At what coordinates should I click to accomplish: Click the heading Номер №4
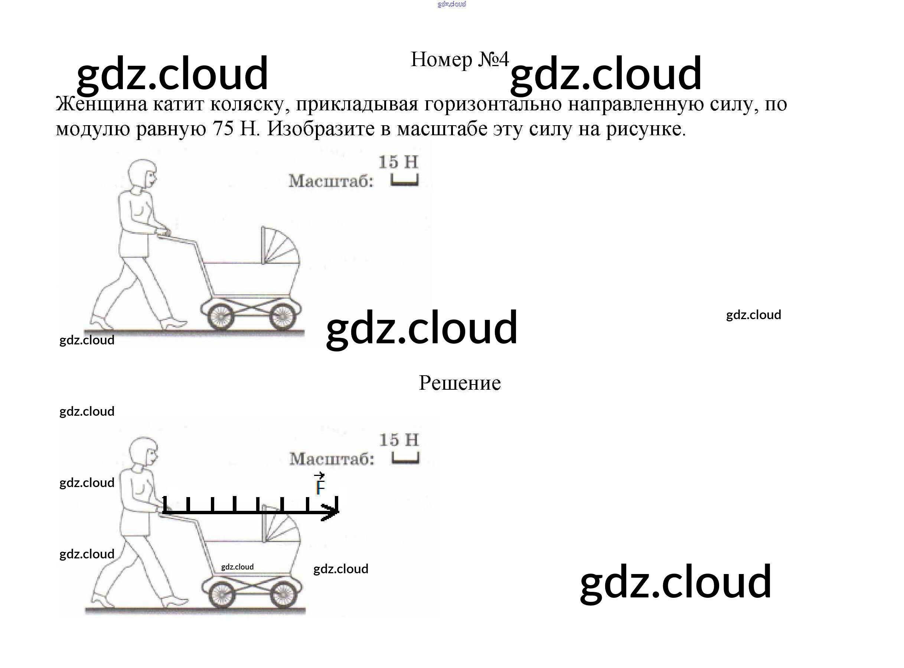coord(459,60)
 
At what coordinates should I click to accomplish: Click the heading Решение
coord(460,383)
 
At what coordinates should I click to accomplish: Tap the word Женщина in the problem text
coord(101,104)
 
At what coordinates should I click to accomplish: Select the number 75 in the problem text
coord(223,129)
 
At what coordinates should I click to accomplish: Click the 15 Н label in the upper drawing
coord(398,162)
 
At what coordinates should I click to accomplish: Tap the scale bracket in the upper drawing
coord(405,180)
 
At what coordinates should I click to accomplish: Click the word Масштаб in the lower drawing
coord(332,459)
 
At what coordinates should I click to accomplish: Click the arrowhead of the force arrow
coord(332,512)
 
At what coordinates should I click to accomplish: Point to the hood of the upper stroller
coord(281,247)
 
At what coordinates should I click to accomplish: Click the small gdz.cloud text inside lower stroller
coord(237,567)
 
